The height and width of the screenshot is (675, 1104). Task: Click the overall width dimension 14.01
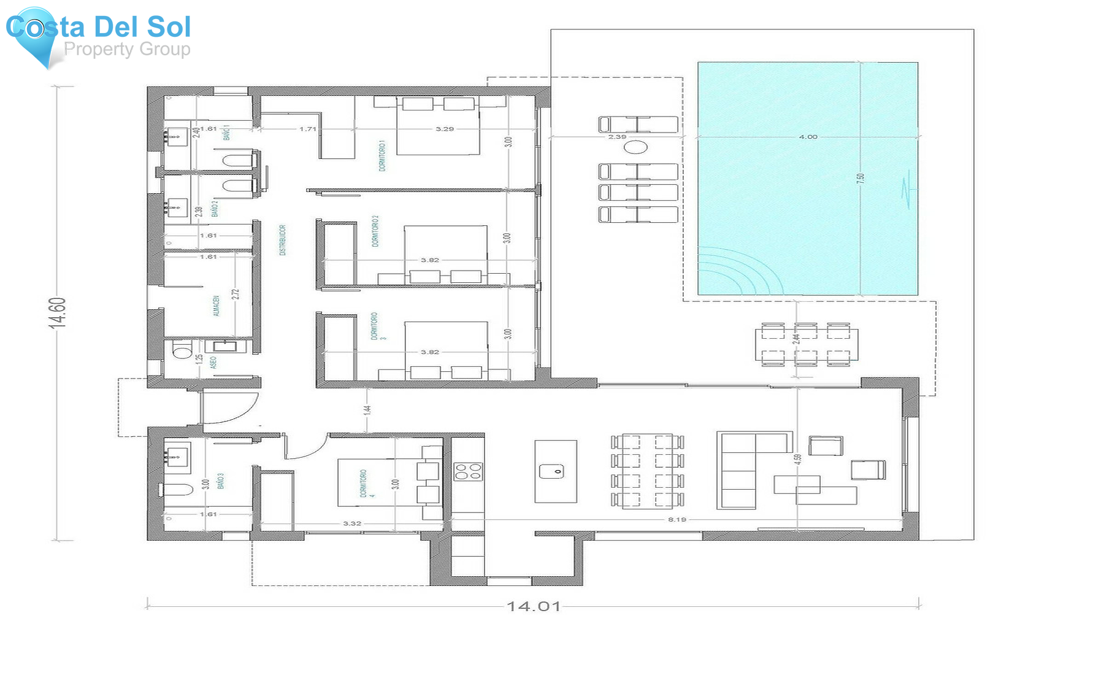pos(534,606)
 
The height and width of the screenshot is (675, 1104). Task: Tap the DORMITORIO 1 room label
pos(382,156)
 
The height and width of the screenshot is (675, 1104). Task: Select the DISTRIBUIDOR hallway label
pos(283,240)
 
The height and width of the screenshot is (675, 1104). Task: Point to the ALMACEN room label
pos(216,306)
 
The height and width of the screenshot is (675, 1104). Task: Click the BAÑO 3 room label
pos(220,480)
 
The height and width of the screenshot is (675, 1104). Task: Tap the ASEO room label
pos(213,363)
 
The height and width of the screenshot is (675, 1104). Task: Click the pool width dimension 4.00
pos(808,137)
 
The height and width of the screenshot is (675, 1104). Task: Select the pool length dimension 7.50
pos(861,178)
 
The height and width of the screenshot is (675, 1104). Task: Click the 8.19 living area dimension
pos(677,520)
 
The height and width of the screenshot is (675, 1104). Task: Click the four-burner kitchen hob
pos(468,471)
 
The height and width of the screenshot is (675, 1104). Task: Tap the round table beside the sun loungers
pos(636,147)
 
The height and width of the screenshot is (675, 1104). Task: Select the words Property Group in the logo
pos(127,49)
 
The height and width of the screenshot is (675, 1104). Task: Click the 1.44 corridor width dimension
pos(367,409)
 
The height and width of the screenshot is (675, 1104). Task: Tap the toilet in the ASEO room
pos(182,352)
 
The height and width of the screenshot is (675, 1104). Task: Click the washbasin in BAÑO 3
pos(177,455)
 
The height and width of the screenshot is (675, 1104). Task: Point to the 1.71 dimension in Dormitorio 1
pos(307,129)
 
